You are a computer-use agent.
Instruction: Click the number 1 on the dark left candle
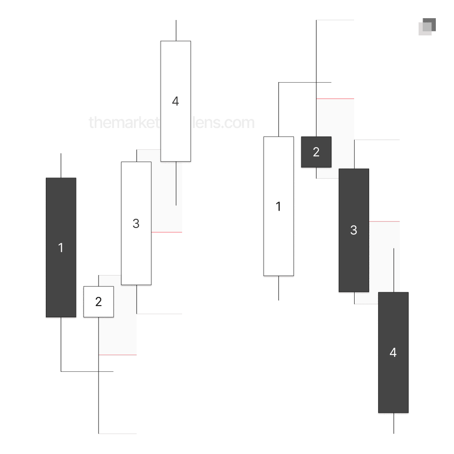[x=61, y=248]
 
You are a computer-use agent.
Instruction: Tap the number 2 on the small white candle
[x=99, y=302]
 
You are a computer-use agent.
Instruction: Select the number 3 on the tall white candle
[x=136, y=223]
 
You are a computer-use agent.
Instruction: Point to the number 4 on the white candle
[x=176, y=101]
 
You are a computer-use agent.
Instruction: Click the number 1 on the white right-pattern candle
[x=278, y=207]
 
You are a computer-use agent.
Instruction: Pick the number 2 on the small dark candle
[x=316, y=152]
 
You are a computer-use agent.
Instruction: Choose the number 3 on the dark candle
[x=354, y=230]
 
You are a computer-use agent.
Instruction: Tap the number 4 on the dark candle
[x=393, y=352]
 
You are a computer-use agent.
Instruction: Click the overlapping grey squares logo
[x=427, y=26]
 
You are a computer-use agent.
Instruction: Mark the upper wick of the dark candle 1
[x=61, y=166]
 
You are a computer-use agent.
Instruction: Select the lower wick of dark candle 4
[x=394, y=423]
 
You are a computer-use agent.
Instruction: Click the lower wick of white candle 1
[x=278, y=288]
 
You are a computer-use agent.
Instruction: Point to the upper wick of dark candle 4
[x=394, y=270]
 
